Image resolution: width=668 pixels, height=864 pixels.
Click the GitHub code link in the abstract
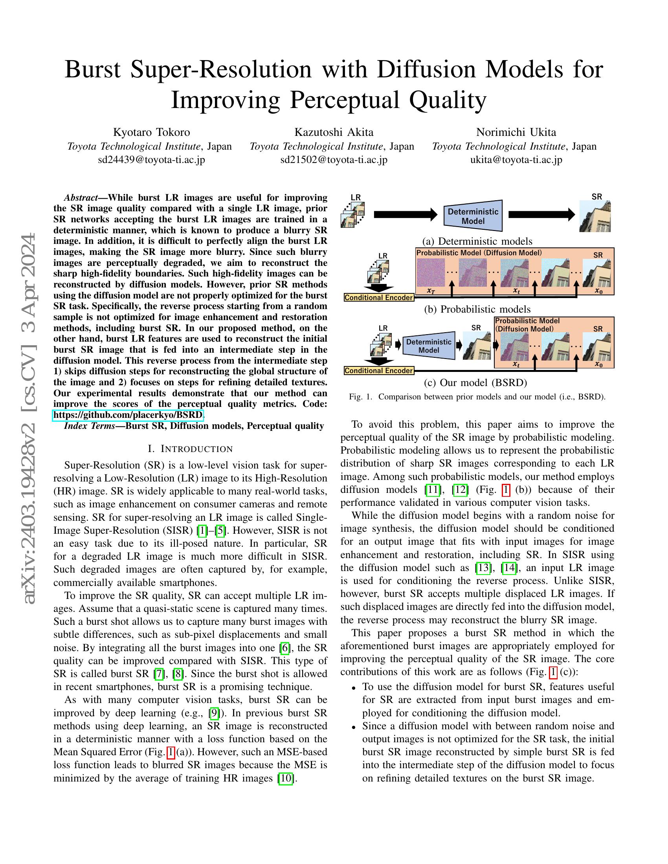pyautogui.click(x=128, y=415)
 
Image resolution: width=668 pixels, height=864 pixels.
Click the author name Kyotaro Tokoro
pyautogui.click(x=152, y=132)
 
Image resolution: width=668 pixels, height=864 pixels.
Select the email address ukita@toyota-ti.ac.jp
pyautogui.click(x=516, y=160)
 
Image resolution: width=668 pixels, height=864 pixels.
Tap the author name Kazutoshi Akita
pyautogui.click(x=334, y=132)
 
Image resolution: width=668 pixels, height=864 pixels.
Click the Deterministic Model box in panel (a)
pyautogui.click(x=473, y=216)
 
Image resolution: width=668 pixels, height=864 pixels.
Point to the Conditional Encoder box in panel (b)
pyautogui.click(x=379, y=298)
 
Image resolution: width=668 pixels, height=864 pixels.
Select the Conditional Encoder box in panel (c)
pyautogui.click(x=379, y=371)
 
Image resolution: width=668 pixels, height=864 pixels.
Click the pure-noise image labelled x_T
pyautogui.click(x=430, y=273)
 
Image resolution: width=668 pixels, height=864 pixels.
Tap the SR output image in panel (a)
pyautogui.click(x=595, y=216)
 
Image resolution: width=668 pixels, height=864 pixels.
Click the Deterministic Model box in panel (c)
pyautogui.click(x=429, y=346)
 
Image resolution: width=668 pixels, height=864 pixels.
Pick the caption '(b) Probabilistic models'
pyautogui.click(x=477, y=309)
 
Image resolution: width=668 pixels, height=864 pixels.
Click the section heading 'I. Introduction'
pyautogui.click(x=190, y=448)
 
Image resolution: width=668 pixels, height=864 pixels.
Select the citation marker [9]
pyautogui.click(x=214, y=713)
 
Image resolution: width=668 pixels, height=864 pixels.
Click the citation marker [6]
pyautogui.click(x=284, y=648)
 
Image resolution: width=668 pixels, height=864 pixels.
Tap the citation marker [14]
pyautogui.click(x=509, y=568)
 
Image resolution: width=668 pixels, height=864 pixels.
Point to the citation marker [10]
pyautogui.click(x=286, y=778)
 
